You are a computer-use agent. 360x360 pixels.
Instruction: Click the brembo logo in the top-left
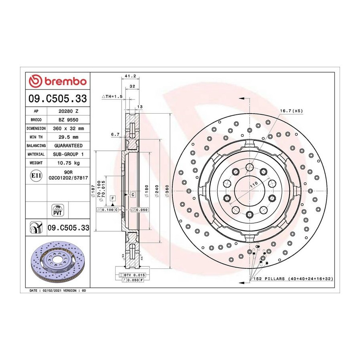pos(58,81)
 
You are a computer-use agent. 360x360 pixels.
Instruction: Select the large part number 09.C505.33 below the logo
pos(58,98)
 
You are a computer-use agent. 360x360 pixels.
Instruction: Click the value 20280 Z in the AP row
pos(68,111)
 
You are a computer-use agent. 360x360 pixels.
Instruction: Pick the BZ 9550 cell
pos(68,120)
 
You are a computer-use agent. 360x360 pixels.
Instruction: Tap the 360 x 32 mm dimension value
pos(68,128)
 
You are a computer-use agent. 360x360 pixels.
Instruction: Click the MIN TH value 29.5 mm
pos(68,137)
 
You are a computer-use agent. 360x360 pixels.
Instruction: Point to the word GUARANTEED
pos(68,146)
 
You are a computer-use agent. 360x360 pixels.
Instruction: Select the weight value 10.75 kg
pos(68,163)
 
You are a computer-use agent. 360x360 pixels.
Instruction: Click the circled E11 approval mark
pos(36,176)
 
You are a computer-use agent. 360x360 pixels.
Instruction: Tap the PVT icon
pos(57,210)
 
